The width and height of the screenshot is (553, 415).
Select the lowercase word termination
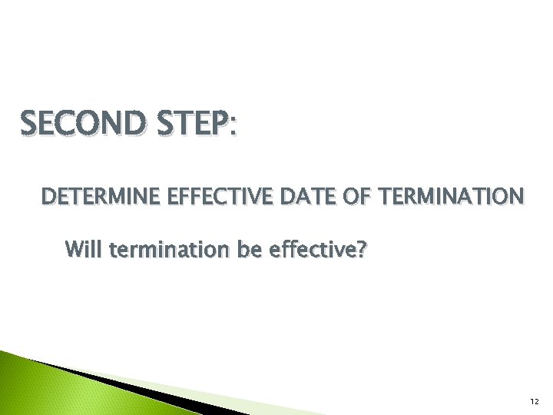click(x=157, y=249)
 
